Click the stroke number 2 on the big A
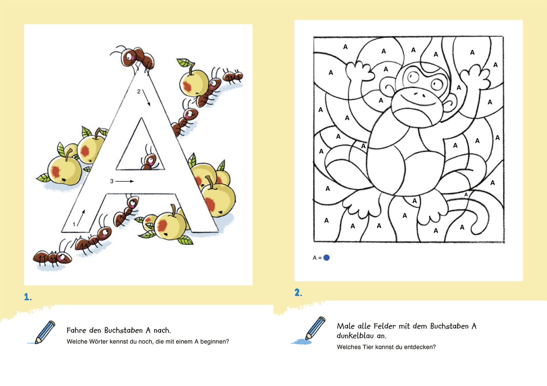point(139,92)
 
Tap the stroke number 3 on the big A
point(111,181)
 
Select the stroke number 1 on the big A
point(74,224)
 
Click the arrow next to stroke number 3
point(124,181)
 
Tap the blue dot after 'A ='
point(326,258)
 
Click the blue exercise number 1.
point(28,297)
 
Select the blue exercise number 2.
point(298,292)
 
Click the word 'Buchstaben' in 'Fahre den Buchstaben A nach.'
point(123,330)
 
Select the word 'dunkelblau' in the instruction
point(355,336)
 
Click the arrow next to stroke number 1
point(81,218)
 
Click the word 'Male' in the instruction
point(346,326)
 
